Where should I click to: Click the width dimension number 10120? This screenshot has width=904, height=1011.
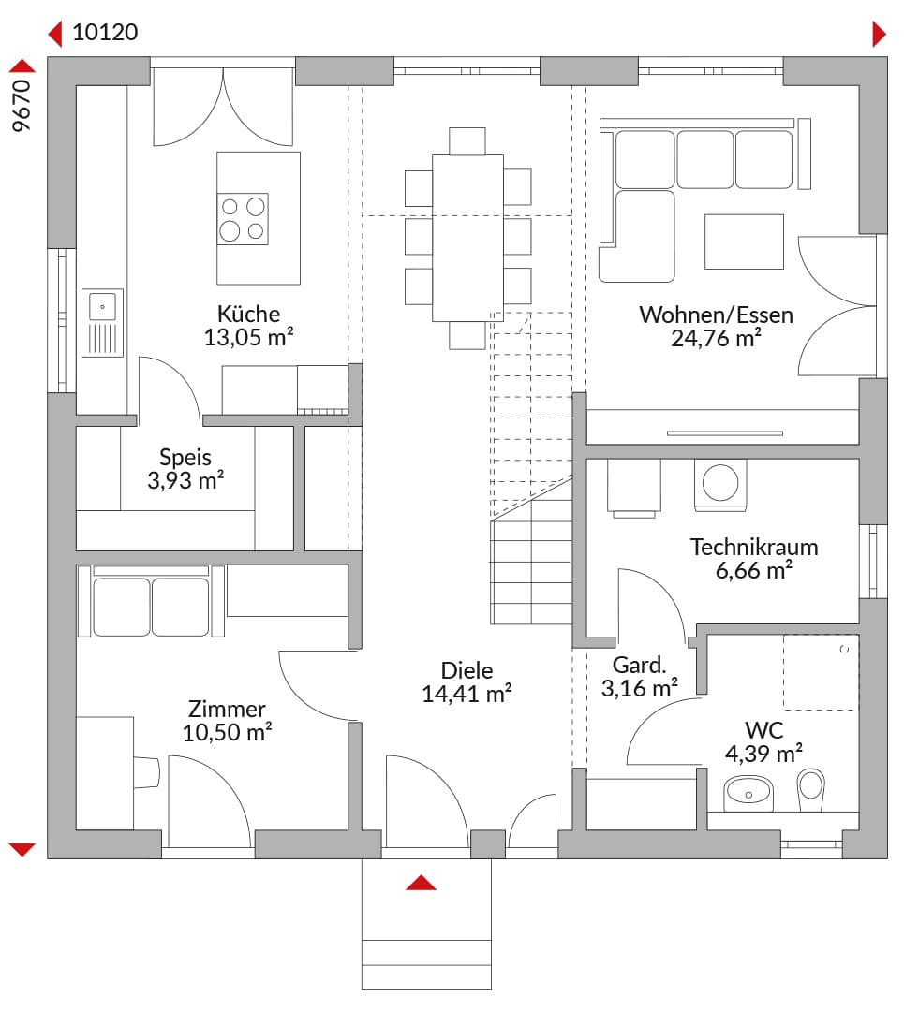coord(105,32)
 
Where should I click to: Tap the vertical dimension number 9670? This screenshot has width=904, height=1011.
coord(22,106)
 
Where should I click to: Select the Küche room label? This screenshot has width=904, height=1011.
coord(248,314)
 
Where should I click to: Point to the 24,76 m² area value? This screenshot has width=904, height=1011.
coord(716,338)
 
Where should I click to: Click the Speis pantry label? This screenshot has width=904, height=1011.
coord(185,458)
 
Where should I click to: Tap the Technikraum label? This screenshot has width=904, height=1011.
coord(754,547)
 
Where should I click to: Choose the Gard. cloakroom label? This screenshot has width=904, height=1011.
coord(639,665)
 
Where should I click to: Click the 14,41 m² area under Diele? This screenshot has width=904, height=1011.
coord(467,694)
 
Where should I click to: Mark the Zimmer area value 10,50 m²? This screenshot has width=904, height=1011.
coord(227,732)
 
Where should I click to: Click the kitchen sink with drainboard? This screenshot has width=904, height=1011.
coord(103,322)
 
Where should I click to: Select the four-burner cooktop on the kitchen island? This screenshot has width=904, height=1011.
coord(243,218)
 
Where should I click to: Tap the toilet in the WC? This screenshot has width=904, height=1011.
coord(811,789)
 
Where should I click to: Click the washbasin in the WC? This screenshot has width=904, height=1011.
coord(748,793)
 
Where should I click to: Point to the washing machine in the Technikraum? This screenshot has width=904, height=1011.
coord(720,485)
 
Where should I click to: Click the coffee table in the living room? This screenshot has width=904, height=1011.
coord(744,242)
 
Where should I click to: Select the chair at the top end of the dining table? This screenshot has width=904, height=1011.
coord(467,141)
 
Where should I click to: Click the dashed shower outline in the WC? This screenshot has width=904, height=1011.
coord(821,672)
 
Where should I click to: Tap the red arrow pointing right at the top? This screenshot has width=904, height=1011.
coord(879,35)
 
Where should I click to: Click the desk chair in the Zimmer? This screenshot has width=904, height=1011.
coord(146,771)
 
